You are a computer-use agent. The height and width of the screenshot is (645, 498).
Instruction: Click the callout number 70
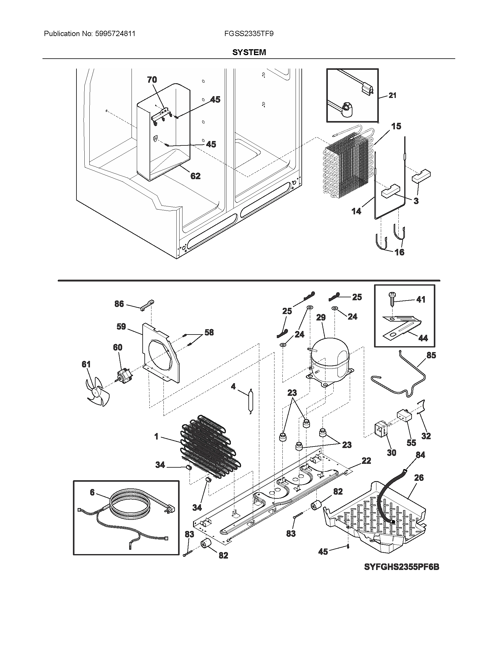(x=152, y=80)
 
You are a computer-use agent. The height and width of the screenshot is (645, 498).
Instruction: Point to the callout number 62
(x=195, y=176)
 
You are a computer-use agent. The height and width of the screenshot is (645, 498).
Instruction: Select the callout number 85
(x=431, y=355)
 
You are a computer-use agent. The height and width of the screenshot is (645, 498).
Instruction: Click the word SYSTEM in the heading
(x=249, y=52)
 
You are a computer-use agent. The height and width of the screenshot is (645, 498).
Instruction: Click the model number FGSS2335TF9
(x=249, y=34)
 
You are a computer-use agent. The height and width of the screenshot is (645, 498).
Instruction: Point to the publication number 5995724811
(x=115, y=34)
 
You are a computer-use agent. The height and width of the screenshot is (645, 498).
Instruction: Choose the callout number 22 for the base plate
(x=366, y=461)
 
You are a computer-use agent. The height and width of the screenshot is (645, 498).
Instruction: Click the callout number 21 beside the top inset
(x=392, y=95)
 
